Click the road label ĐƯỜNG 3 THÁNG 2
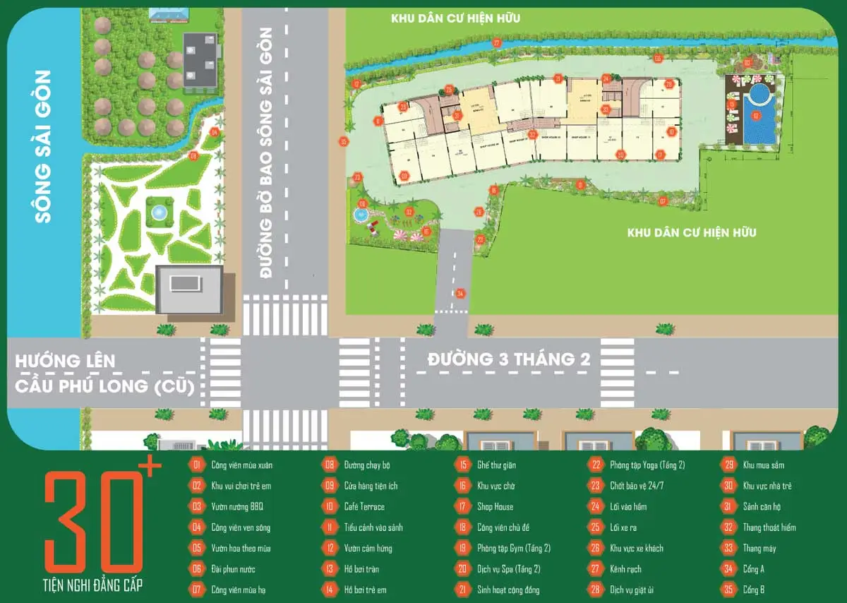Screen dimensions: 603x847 508,359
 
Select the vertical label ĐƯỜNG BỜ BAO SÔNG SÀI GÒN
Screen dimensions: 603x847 267,152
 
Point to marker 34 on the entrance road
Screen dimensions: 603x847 460,293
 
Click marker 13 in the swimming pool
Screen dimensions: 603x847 756,115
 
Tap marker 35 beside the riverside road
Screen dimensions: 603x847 344,142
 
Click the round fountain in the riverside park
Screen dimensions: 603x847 159,212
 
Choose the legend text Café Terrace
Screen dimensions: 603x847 364,506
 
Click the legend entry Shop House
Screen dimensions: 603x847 495,506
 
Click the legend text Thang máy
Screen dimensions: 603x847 759,548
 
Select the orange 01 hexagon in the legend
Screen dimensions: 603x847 196,465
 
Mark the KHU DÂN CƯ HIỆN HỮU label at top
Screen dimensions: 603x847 455,18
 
